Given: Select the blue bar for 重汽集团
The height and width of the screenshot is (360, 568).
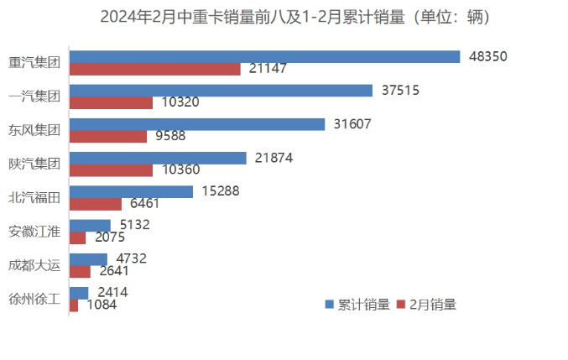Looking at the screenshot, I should coord(264,56).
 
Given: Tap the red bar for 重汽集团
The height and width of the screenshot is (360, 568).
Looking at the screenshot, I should coord(154,69).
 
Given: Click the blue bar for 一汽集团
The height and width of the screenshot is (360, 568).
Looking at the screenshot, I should coord(221,90).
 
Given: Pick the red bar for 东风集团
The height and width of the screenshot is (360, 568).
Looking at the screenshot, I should coord(107,136).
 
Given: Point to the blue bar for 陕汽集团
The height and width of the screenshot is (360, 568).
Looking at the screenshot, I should coord(158,158).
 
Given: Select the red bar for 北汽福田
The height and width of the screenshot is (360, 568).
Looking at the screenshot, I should coord(96,203).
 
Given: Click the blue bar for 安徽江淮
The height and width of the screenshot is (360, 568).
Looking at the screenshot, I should coord(90,225).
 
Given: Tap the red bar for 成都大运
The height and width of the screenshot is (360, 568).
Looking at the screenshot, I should coord(80,271).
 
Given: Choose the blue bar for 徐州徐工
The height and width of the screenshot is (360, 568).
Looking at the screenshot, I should coord(79,292).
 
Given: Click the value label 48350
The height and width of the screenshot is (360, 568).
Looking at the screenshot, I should coord(488,56).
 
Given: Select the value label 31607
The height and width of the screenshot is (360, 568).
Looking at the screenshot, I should coord(352,123).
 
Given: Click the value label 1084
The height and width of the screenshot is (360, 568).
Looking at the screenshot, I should coord(102,305).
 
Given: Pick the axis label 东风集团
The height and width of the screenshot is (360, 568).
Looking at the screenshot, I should coord(34,129).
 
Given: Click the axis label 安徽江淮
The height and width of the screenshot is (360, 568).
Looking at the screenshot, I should coord(34,231).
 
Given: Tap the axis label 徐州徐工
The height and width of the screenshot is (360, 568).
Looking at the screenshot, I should coord(34,298).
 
